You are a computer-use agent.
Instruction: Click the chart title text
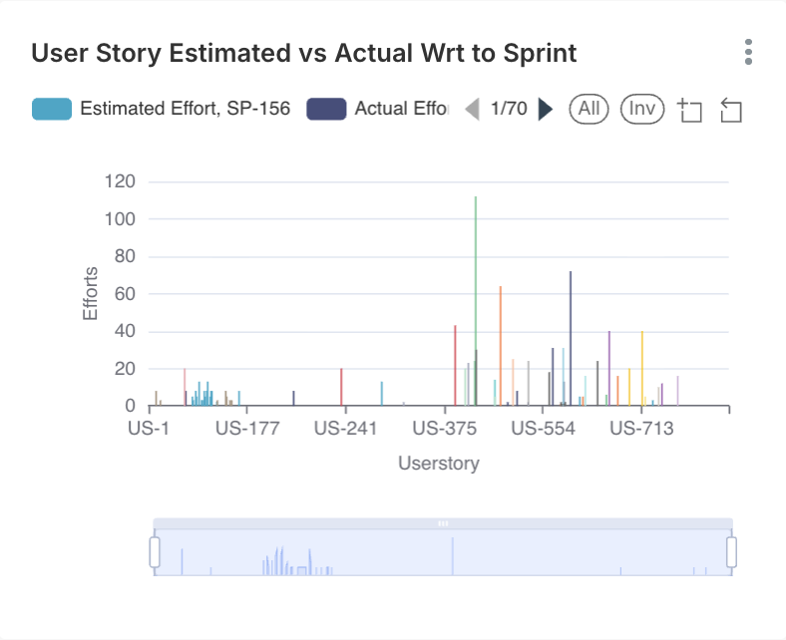pyautogui.click(x=303, y=53)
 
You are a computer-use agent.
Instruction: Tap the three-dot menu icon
pyautogui.click(x=748, y=53)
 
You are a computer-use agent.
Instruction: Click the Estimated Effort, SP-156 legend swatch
pyautogui.click(x=52, y=109)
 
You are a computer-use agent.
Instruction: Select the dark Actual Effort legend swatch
pyautogui.click(x=326, y=109)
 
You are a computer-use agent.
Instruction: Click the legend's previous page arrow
pyautogui.click(x=473, y=109)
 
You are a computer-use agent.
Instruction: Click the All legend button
pyautogui.click(x=589, y=109)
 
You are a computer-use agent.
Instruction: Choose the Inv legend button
pyautogui.click(x=642, y=109)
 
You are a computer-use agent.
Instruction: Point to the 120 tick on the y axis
pyautogui.click(x=120, y=181)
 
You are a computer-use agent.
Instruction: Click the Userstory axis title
pyautogui.click(x=439, y=464)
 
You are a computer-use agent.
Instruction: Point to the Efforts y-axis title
pyautogui.click(x=91, y=293)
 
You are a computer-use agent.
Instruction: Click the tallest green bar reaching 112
pyautogui.click(x=476, y=299)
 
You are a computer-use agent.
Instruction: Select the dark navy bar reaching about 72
pyautogui.click(x=571, y=339)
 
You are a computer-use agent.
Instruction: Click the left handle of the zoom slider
pyautogui.click(x=155, y=551)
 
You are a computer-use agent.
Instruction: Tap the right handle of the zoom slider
pyautogui.click(x=731, y=551)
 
